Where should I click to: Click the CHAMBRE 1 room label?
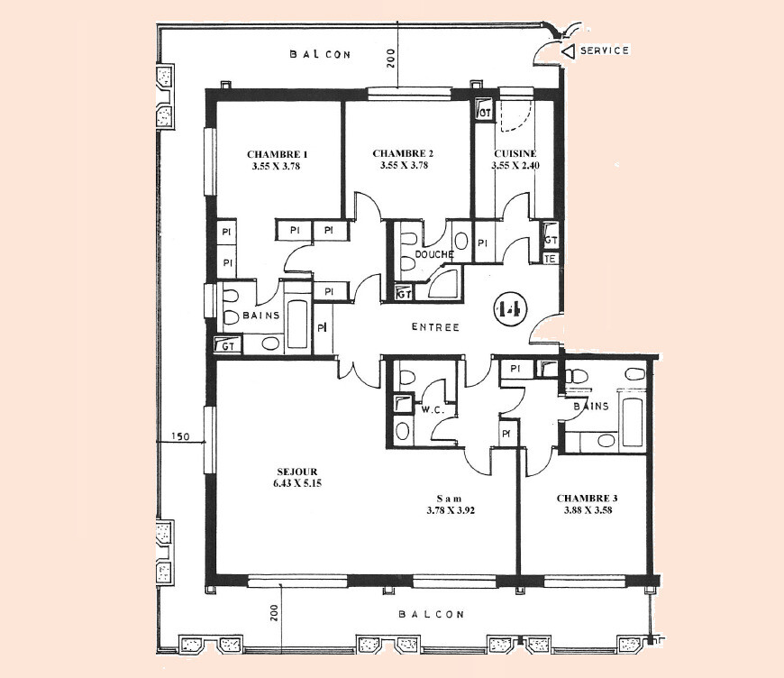277,154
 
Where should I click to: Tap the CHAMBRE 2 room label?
403,153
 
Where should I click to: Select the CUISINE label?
515,154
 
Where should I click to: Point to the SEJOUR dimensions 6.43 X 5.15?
297,483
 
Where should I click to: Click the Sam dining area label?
450,499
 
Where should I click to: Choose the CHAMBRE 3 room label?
587,499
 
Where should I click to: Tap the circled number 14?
509,310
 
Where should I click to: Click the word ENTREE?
435,327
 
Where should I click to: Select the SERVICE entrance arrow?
568,51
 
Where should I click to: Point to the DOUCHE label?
434,254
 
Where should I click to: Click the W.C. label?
433,410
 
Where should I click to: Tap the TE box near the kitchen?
551,259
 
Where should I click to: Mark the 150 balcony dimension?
180,436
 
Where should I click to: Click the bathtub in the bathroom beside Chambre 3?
633,422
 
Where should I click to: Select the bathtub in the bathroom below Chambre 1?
297,325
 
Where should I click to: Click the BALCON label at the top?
321,54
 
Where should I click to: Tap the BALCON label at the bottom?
432,615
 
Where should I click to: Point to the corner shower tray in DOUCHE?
443,284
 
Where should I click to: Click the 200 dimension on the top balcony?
390,58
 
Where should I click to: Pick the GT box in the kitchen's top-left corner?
484,110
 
